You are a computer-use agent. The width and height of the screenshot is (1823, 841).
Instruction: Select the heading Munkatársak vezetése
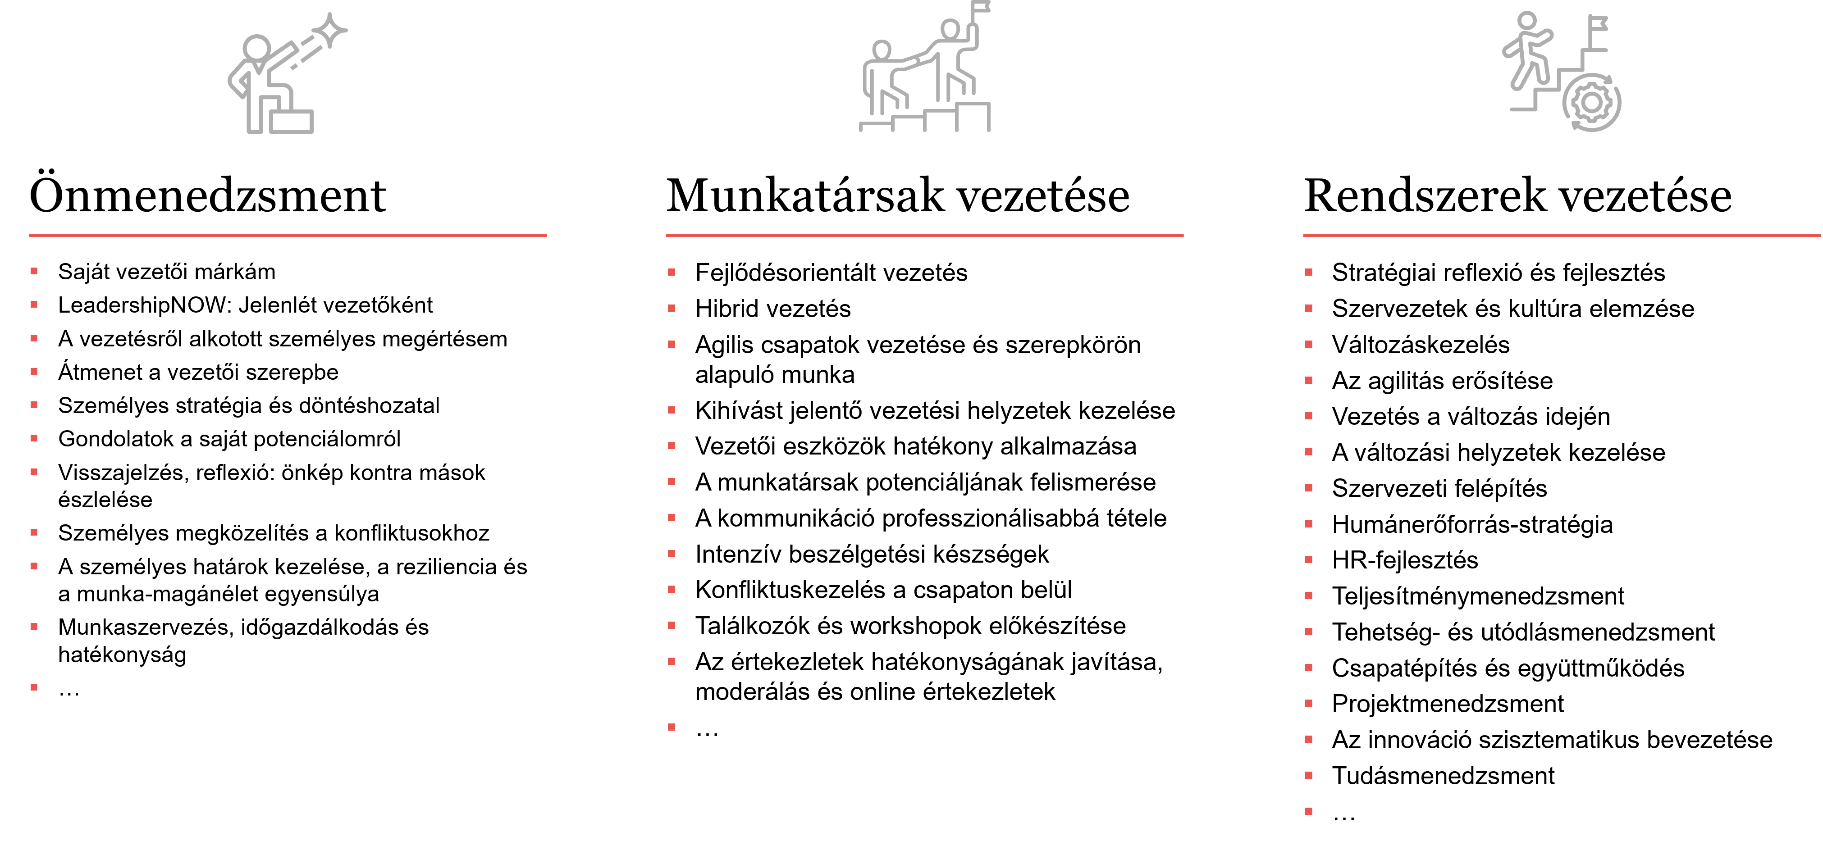tap(897, 195)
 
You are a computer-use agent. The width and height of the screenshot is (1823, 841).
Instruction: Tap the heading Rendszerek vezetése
tap(1517, 195)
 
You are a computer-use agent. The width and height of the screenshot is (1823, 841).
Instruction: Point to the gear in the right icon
tap(1592, 103)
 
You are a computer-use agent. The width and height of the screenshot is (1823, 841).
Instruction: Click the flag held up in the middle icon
tap(981, 7)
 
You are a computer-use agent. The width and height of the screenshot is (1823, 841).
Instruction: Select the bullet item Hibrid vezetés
tap(773, 309)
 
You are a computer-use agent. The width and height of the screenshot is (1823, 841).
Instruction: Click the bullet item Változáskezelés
tap(1421, 345)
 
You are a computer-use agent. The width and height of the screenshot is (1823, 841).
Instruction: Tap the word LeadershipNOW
tap(145, 305)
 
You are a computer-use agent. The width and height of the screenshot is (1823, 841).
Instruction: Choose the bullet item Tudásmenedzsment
tap(1443, 776)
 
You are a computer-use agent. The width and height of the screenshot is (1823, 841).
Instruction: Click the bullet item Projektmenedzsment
tap(1448, 704)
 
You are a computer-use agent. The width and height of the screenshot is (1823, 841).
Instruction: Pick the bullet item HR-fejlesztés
tap(1405, 560)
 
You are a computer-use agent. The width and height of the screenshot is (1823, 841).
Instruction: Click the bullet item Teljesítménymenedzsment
tap(1478, 596)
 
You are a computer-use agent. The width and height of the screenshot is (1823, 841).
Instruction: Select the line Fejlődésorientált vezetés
tap(831, 273)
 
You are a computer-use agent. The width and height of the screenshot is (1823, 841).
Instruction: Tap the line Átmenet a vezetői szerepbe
tap(198, 372)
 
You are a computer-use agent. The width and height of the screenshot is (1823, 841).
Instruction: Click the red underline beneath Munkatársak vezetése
tap(924, 235)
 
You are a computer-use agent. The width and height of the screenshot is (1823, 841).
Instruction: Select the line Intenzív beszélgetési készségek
tap(872, 555)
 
